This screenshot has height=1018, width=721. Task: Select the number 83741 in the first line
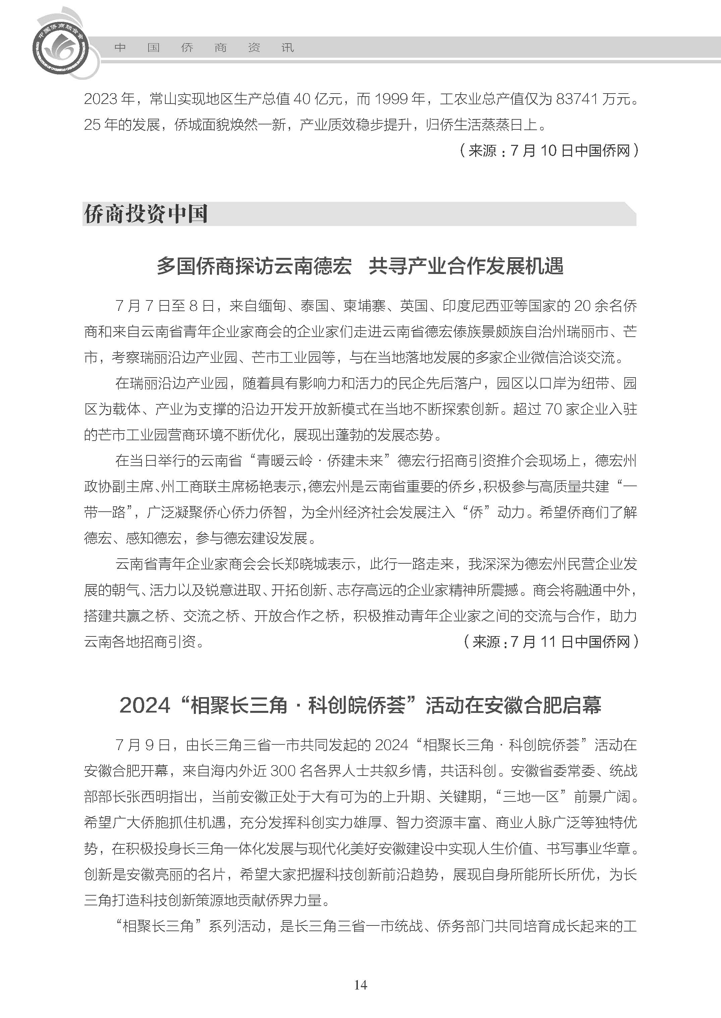click(576, 99)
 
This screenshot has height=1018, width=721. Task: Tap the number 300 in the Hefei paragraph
click(282, 771)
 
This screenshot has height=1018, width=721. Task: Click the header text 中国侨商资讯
click(204, 48)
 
